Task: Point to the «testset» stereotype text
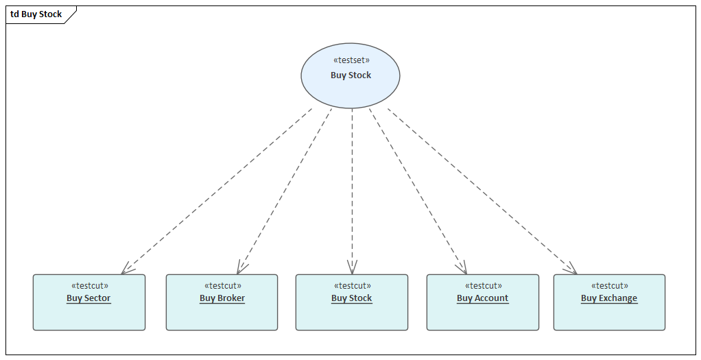[350, 60]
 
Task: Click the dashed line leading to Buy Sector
[216, 191]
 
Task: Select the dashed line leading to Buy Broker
[284, 191]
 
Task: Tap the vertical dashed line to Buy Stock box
[352, 191]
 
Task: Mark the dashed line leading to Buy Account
[418, 191]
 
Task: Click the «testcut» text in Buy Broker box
[222, 286]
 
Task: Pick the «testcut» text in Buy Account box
[483, 286]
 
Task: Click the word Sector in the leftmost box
[97, 298]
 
